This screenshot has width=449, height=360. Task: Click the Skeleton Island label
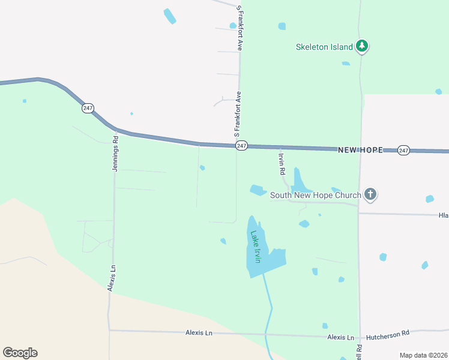click(324, 47)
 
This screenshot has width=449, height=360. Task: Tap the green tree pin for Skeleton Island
click(361, 46)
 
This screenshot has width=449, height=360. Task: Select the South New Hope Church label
click(316, 195)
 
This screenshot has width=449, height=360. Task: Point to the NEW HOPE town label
click(360, 149)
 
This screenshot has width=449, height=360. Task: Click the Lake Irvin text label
click(256, 247)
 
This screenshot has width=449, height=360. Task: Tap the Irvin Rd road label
click(281, 163)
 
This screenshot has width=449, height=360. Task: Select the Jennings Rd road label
click(115, 153)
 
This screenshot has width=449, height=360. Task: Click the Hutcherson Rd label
click(388, 332)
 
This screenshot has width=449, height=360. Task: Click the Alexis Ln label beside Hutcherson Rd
click(341, 337)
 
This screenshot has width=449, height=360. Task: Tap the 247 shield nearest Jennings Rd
click(88, 108)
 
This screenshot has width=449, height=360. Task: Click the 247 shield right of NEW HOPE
click(403, 150)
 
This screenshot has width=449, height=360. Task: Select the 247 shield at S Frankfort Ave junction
click(241, 146)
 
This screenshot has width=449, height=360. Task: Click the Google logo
click(20, 353)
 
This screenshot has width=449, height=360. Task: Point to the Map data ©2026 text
click(423, 355)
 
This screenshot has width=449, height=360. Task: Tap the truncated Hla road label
click(443, 215)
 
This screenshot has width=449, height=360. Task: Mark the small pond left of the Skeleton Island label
click(282, 26)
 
